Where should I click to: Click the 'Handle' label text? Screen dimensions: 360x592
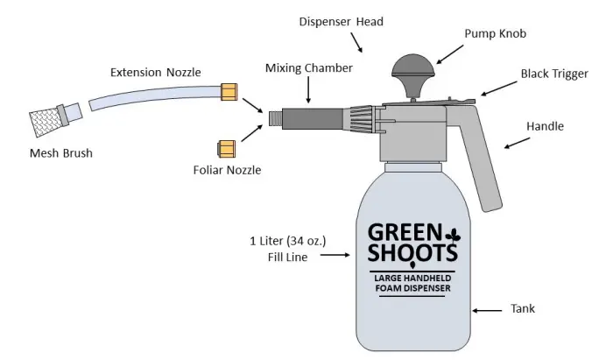(545, 126)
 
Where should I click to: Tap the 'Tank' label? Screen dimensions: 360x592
(523, 309)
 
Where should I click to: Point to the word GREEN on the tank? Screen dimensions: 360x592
(402, 235)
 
